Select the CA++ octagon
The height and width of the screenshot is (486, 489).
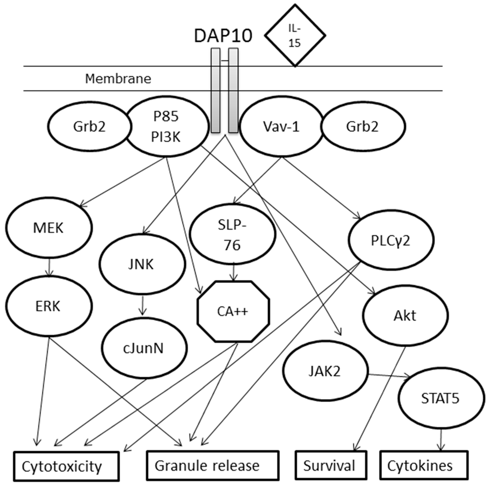click(x=233, y=312)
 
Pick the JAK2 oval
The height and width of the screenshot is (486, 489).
click(x=325, y=371)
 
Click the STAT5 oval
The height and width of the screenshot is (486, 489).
click(x=440, y=398)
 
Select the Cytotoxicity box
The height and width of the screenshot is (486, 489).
click(x=66, y=466)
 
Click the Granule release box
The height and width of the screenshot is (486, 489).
click(x=213, y=465)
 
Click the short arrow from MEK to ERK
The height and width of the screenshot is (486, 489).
click(x=49, y=266)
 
